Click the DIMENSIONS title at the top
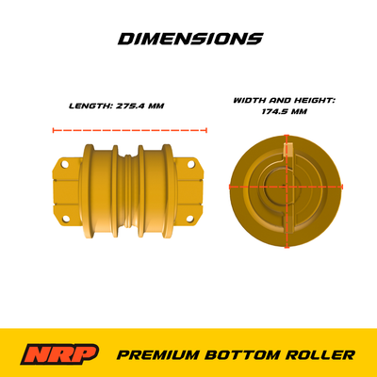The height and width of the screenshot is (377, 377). pyautogui.click(x=189, y=40)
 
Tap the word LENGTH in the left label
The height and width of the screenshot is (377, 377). pyautogui.click(x=90, y=106)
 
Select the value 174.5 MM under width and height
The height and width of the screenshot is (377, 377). pyautogui.click(x=285, y=110)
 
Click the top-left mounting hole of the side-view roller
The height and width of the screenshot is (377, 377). pyautogui.click(x=62, y=163)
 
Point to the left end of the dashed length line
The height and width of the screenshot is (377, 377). pyautogui.click(x=53, y=130)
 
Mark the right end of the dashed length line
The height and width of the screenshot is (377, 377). pyautogui.click(x=206, y=130)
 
